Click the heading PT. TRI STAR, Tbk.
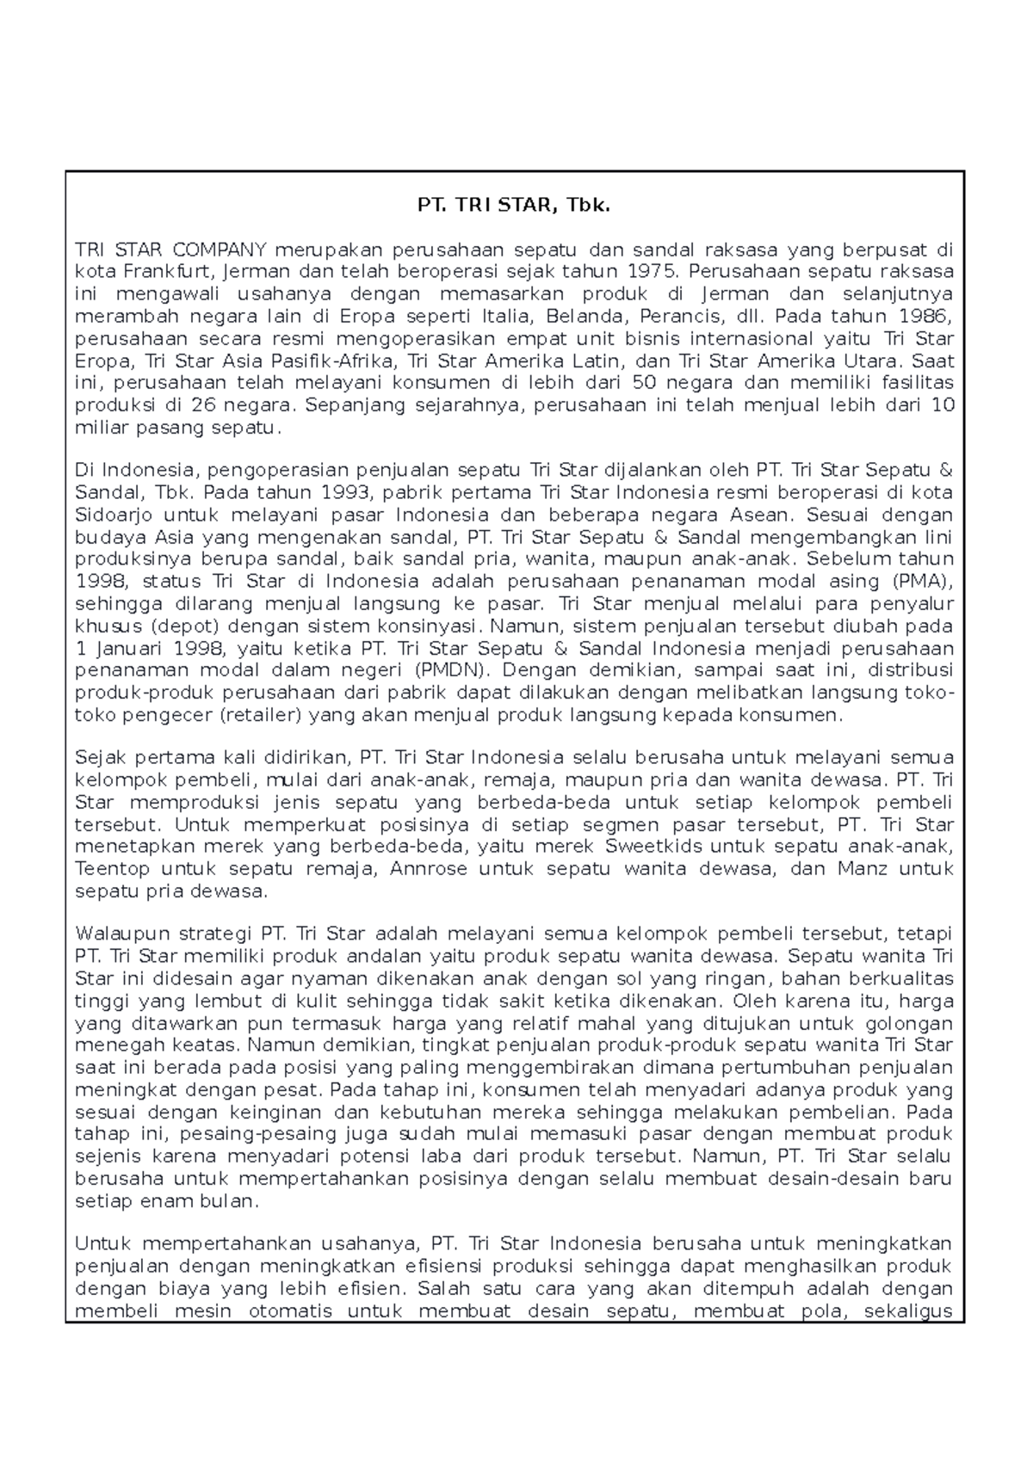(514, 206)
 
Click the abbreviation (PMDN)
(449, 670)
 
